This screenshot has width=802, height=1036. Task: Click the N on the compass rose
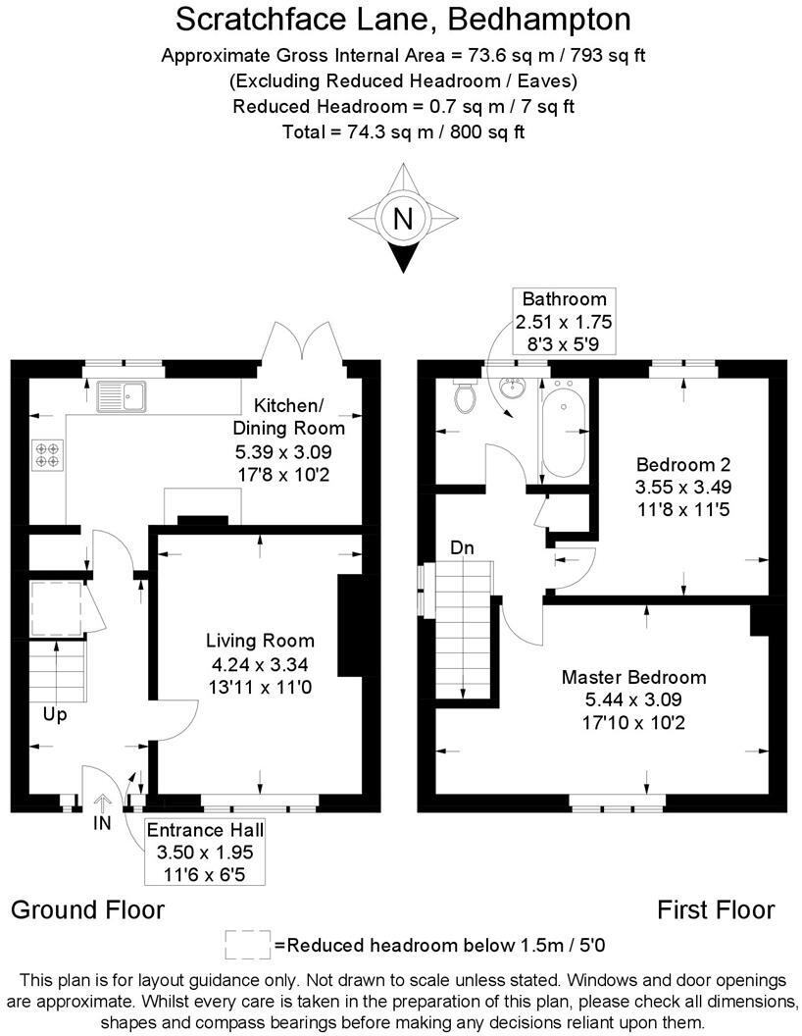[402, 219]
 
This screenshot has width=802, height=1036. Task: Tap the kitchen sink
[121, 394]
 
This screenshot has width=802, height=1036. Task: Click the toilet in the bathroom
[465, 397]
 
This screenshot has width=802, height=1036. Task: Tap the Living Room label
[260, 641]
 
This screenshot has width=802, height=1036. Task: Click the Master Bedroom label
[633, 677]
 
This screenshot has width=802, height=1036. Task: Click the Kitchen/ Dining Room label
[288, 416]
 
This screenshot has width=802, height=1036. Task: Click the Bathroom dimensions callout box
[564, 321]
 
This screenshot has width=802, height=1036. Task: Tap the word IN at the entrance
[102, 824]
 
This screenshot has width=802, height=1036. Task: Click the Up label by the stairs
[55, 714]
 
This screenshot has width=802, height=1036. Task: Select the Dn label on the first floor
[463, 547]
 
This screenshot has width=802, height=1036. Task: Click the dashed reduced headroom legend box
[248, 945]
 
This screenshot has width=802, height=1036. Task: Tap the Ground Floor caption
[87, 909]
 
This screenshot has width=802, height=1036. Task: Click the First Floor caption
[716, 909]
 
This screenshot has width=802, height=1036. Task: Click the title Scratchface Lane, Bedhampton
[402, 19]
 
